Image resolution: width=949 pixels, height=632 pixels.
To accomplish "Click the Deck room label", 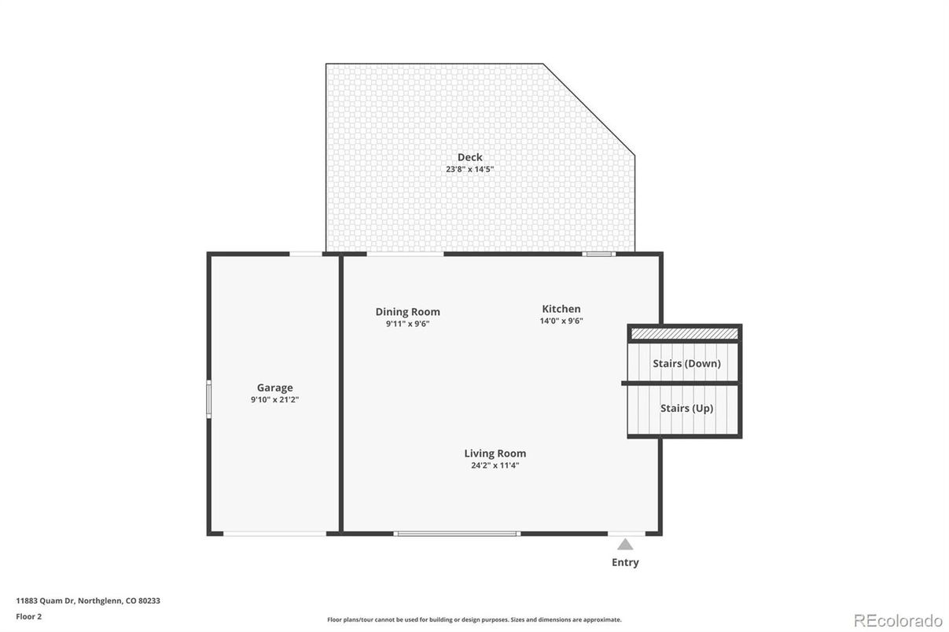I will pos(469,157).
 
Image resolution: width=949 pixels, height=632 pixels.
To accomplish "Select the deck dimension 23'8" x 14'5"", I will pos(469,169).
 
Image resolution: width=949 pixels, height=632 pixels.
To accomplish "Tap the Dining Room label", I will pos(407,312).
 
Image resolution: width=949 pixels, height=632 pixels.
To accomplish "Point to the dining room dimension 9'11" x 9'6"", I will pos(407,324).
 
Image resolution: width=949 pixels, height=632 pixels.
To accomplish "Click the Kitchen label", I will pos(561,309).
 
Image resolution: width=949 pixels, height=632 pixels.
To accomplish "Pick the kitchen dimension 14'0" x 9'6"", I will pos(561,321).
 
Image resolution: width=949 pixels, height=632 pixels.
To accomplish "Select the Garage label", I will pos(274,388).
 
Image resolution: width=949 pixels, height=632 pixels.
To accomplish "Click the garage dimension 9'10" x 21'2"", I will pos(274,399).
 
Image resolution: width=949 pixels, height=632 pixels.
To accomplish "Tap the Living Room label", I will pos(495,454).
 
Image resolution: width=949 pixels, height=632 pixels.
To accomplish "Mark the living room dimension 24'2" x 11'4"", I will pos(495,465).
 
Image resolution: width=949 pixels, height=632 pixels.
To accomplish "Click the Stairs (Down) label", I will pos(686,363).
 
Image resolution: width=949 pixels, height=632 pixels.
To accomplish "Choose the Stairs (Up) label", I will pos(686,408).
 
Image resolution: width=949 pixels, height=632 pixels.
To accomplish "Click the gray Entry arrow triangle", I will pos(624,544).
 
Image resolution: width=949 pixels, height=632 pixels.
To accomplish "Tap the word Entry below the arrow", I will pos(624,562).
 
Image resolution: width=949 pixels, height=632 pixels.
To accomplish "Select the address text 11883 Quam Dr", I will pos(45,601).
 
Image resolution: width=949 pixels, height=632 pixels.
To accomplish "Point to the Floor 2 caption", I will pos(28,616).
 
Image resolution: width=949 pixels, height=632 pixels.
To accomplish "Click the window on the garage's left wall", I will pos(209,399).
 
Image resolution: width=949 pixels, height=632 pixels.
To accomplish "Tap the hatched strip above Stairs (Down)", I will pos(684,334).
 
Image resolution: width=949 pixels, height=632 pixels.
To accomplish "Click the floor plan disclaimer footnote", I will pos(474,619).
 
